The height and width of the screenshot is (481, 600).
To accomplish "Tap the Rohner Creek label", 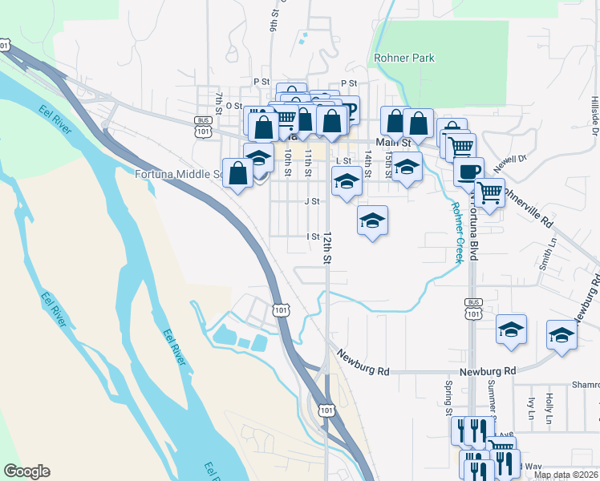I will click(456, 232).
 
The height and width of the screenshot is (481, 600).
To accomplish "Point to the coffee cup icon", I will click(468, 171).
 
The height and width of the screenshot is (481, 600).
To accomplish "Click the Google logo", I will click(26, 471).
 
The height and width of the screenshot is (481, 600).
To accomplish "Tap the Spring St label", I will click(449, 394).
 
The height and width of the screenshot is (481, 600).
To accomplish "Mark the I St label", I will click(313, 236).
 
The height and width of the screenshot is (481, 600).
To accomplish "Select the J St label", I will click(312, 202).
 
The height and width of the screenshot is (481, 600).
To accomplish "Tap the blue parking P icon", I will click(351, 109).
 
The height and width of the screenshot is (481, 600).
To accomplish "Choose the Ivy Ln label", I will click(531, 408).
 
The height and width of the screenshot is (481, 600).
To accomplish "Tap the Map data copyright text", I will click(566, 475).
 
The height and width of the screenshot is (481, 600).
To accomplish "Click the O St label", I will click(233, 105).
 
